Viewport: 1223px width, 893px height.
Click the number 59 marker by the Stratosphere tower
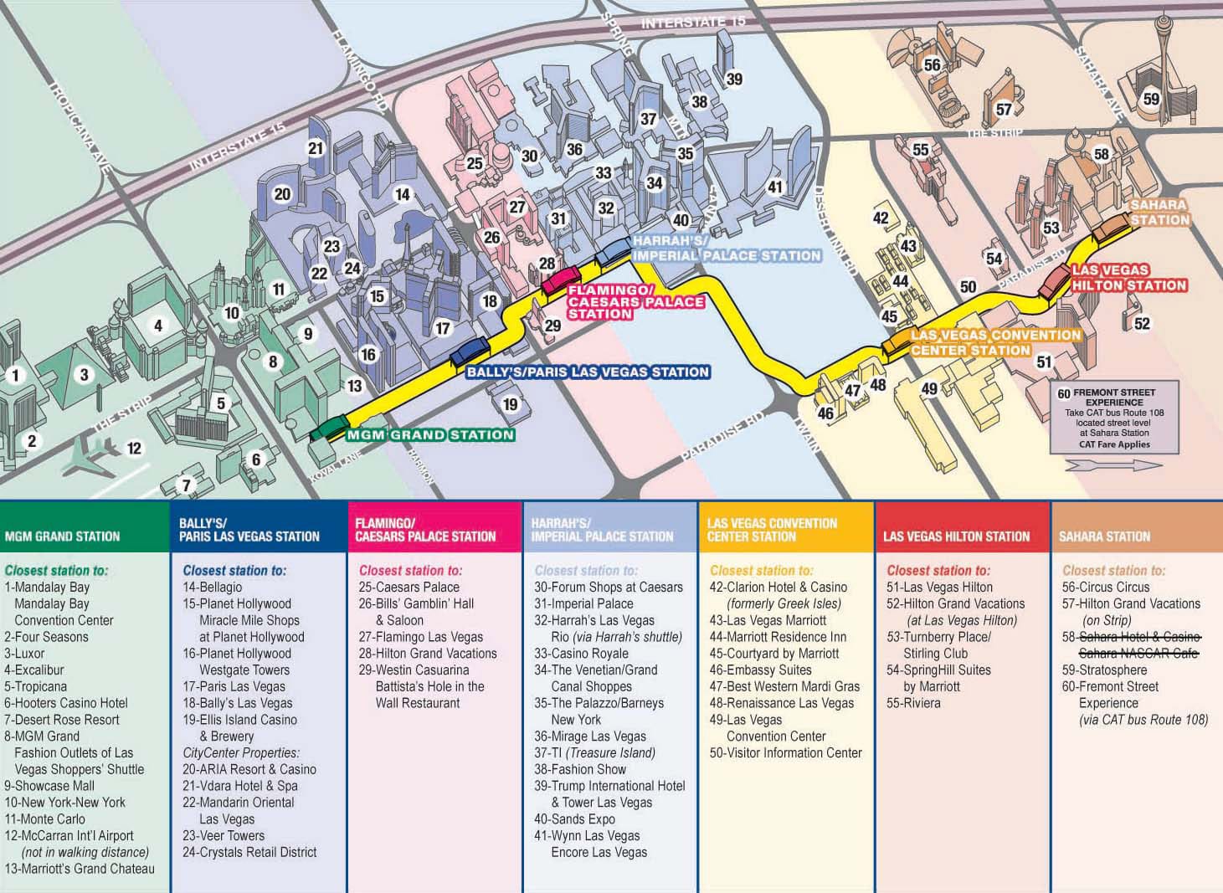[1152, 99]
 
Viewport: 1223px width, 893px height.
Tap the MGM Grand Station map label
[430, 435]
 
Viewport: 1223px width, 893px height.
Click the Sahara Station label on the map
[1159, 213]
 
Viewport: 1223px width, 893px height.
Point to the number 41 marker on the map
[775, 187]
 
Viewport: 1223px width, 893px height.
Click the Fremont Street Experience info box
[1114, 417]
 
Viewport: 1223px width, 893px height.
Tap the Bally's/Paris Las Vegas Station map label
[588, 372]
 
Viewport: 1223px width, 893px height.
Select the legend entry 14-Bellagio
[213, 588]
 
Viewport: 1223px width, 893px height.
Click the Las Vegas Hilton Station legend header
[956, 536]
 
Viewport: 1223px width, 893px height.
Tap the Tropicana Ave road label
[81, 128]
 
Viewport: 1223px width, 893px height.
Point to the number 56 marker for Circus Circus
[932, 65]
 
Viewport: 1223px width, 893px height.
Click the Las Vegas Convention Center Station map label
[995, 342]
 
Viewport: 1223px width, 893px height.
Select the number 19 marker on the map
[510, 405]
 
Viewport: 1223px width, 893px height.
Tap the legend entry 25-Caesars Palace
[409, 588]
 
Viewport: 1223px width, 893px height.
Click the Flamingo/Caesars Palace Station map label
[635, 301]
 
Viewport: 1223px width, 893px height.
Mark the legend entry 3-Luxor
[24, 654]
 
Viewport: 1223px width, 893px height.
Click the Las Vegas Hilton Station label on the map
[1129, 278]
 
